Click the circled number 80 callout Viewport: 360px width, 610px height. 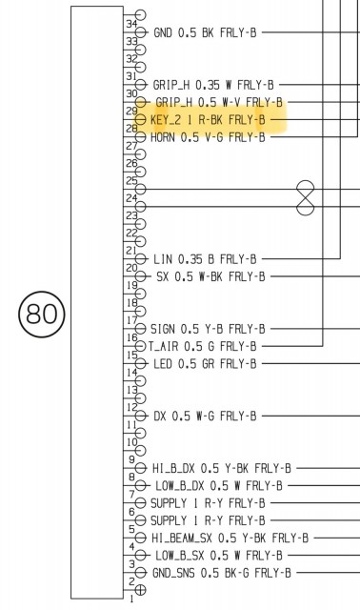[42, 314]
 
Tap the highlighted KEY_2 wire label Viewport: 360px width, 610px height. [208, 120]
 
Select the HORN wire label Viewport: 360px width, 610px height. [208, 137]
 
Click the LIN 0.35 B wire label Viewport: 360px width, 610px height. [205, 259]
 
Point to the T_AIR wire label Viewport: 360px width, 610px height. [203, 346]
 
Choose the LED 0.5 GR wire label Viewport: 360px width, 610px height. [205, 364]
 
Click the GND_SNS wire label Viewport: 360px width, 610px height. [222, 573]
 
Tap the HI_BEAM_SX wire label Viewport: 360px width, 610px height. [230, 538]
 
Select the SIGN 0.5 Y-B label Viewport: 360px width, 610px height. [208, 329]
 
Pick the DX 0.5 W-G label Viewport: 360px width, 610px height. [205, 416]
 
